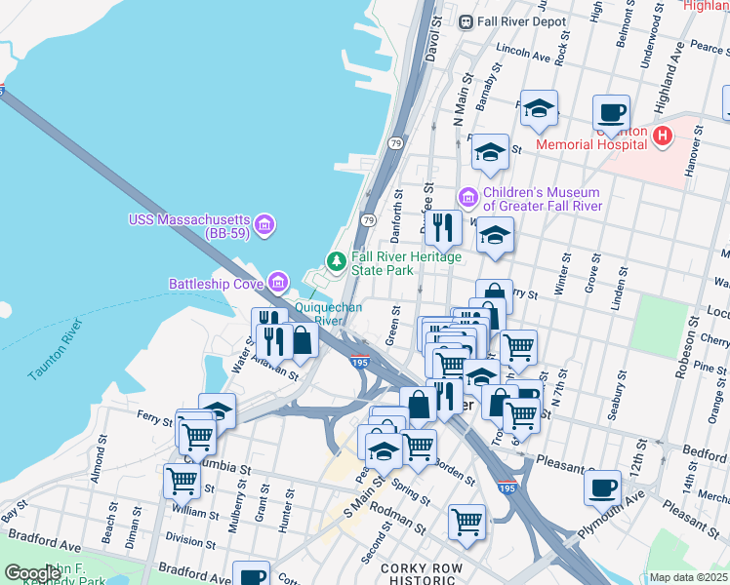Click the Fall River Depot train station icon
tap(466, 21)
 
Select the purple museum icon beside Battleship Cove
tap(279, 283)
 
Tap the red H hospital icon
tap(664, 136)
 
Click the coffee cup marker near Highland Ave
tap(611, 112)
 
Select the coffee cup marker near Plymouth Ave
tap(602, 487)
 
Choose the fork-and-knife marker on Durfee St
tap(443, 227)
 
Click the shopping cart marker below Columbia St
tap(182, 480)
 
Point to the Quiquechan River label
tap(329, 313)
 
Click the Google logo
tap(32, 573)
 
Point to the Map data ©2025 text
tap(688, 577)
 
